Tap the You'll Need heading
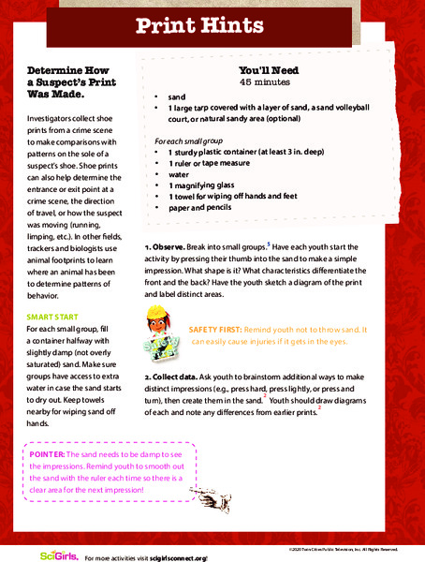(x=270, y=69)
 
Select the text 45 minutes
(x=270, y=81)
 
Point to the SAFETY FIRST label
(x=216, y=330)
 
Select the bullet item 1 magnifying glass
(x=203, y=185)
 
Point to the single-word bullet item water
(x=178, y=172)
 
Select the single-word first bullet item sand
(x=177, y=96)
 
